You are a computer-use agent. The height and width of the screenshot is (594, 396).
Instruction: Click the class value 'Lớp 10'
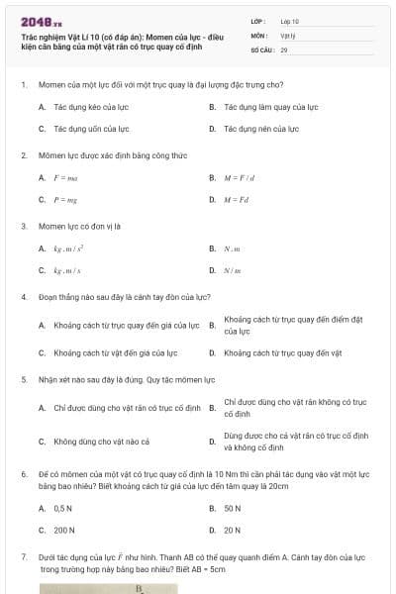pyautogui.click(x=289, y=20)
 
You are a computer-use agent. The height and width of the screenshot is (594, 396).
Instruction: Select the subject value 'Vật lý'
pyautogui.click(x=288, y=35)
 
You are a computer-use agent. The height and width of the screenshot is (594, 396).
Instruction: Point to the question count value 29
pyautogui.click(x=284, y=49)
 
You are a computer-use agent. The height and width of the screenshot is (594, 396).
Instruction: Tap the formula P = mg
pyautogui.click(x=65, y=199)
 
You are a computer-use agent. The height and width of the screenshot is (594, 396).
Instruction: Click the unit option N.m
pyautogui.click(x=233, y=248)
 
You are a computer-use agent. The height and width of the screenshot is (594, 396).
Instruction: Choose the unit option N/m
pyautogui.click(x=233, y=270)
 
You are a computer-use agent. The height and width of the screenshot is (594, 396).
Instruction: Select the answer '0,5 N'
pyautogui.click(x=63, y=508)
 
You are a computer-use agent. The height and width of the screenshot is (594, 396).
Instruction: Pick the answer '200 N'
pyautogui.click(x=65, y=530)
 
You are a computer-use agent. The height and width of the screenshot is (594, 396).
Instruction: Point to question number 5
pyautogui.click(x=23, y=379)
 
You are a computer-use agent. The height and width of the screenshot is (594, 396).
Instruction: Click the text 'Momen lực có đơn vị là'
pyautogui.click(x=77, y=226)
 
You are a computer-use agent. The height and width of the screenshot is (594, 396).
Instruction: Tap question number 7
pyautogui.click(x=23, y=558)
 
